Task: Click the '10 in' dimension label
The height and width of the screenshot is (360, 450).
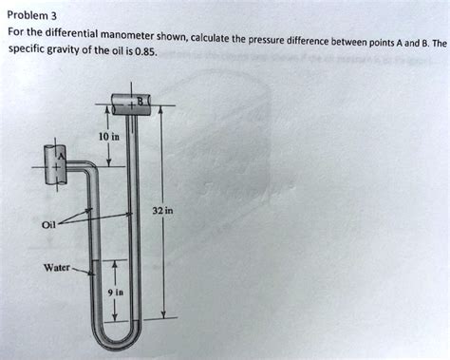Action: [108, 138]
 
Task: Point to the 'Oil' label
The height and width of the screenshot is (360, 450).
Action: [48, 225]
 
